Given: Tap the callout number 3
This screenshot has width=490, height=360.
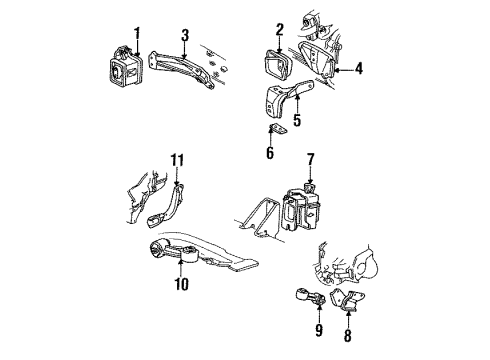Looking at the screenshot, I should point(185,38).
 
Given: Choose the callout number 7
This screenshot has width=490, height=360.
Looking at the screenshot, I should point(311,158).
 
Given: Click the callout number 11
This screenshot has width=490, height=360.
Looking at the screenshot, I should point(177,158).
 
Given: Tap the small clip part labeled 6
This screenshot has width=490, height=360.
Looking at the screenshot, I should point(281,128).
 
